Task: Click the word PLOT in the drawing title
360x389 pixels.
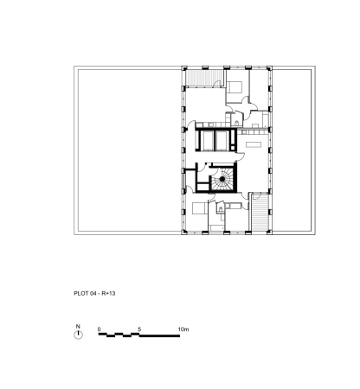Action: click(x=80, y=293)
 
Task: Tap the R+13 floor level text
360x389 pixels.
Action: click(x=108, y=293)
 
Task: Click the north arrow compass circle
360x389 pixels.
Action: click(x=78, y=335)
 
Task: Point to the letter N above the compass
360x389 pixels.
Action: click(x=78, y=327)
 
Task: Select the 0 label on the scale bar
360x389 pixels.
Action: click(x=100, y=329)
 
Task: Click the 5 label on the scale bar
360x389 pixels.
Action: click(x=139, y=329)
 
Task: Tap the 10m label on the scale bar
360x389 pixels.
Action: click(x=183, y=329)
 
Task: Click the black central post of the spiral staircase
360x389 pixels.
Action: click(x=222, y=179)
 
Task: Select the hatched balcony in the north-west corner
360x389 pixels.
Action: click(x=204, y=78)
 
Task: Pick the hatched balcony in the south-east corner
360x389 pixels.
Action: click(x=260, y=212)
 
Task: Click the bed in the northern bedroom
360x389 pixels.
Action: click(x=235, y=87)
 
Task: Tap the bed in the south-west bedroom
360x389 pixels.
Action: click(x=199, y=208)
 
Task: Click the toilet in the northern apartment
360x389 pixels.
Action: click(x=237, y=124)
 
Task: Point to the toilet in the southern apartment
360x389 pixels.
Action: click(x=221, y=208)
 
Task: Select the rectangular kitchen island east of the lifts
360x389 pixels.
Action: click(x=253, y=144)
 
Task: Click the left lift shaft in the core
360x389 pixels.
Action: click(x=207, y=140)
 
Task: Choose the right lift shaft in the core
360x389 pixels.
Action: click(x=222, y=140)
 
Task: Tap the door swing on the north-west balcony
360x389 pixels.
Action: click(x=217, y=83)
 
